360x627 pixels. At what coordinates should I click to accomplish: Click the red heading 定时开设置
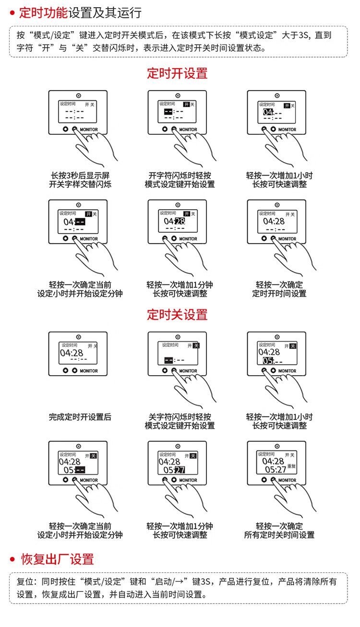click(x=177, y=73)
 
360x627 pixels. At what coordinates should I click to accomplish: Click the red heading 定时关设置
click(x=177, y=315)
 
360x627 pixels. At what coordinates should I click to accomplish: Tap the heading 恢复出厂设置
click(x=57, y=559)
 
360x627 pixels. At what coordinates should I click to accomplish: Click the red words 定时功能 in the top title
click(x=43, y=13)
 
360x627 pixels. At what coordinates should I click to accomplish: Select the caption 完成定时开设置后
click(x=80, y=417)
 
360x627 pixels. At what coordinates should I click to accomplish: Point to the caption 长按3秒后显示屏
click(x=80, y=176)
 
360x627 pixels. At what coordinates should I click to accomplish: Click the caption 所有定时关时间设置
click(x=279, y=535)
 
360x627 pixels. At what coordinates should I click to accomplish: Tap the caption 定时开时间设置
click(x=279, y=294)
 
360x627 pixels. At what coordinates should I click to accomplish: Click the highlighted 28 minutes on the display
click(x=180, y=222)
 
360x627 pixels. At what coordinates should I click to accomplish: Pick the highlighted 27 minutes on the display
click(x=180, y=470)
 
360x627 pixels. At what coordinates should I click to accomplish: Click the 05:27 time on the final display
click(x=276, y=469)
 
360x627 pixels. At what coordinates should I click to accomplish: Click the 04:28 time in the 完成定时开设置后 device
click(x=72, y=353)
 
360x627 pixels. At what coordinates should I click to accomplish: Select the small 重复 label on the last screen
click(x=291, y=466)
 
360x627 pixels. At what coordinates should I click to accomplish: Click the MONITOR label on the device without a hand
click(x=89, y=371)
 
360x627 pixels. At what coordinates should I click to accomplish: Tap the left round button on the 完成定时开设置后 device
click(x=66, y=370)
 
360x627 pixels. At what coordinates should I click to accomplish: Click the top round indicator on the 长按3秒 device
click(x=79, y=96)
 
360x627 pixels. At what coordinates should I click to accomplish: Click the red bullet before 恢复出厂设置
click(x=12, y=559)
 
